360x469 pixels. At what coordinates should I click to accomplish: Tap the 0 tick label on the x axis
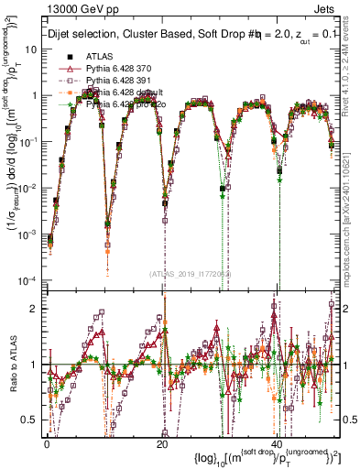coord(47,444)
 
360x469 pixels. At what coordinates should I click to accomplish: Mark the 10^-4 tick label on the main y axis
coord(27,280)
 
